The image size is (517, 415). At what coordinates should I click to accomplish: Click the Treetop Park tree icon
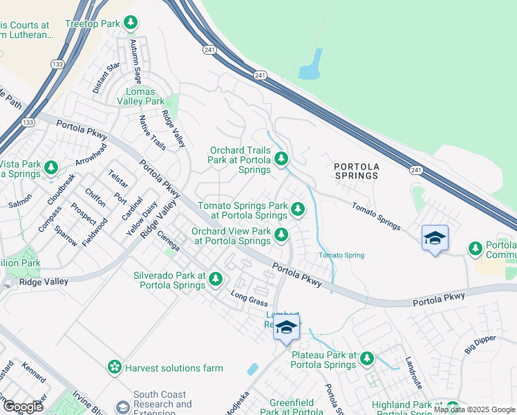click(x=131, y=23)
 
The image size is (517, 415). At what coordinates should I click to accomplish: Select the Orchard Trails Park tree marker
click(x=281, y=160)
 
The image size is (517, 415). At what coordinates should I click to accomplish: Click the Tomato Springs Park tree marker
click(x=297, y=208)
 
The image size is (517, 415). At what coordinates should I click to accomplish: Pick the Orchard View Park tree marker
click(x=281, y=235)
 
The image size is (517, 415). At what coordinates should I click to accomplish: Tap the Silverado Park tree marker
click(x=216, y=279)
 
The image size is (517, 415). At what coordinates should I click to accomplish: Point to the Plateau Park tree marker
click(x=366, y=359)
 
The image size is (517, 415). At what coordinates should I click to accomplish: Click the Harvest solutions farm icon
click(x=115, y=367)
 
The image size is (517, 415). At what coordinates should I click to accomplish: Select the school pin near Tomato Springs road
click(x=435, y=239)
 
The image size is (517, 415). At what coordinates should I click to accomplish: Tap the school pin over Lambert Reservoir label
click(x=286, y=327)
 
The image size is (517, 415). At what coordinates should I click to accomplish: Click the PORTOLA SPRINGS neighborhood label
click(x=356, y=171)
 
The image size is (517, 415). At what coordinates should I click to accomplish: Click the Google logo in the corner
click(x=23, y=406)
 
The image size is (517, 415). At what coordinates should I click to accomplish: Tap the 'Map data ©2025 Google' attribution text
click(x=474, y=409)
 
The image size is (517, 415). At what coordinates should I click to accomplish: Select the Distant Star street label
click(x=106, y=78)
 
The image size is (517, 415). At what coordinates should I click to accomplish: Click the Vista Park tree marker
click(x=50, y=167)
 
